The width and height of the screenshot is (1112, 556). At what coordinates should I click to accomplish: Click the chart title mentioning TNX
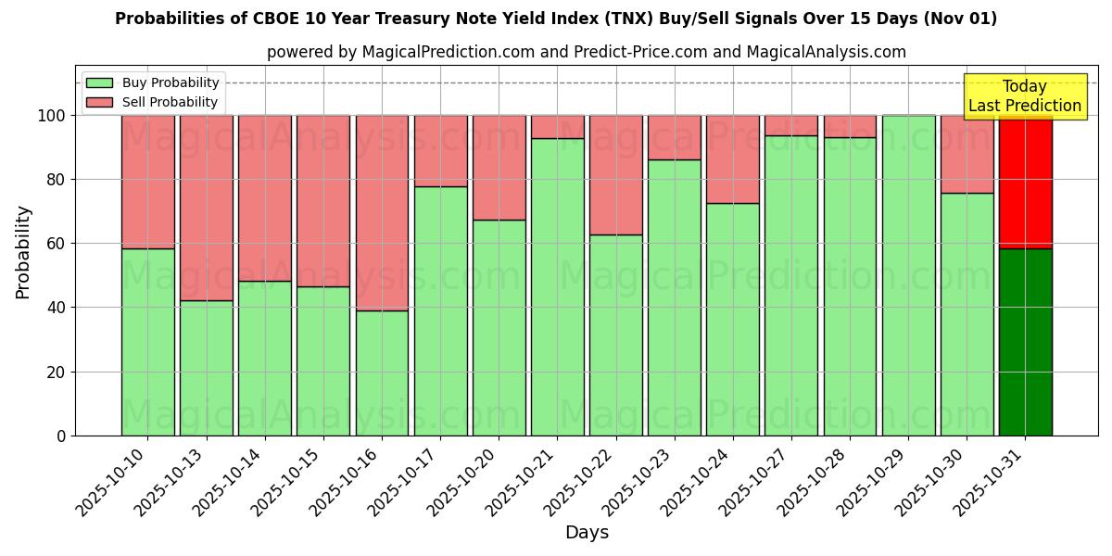click(x=556, y=19)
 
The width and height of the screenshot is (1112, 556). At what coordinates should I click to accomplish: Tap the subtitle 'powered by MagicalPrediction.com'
click(x=586, y=52)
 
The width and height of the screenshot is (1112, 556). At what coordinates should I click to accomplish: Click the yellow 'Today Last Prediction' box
click(x=1024, y=96)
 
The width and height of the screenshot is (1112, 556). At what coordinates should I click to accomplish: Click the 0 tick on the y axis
click(x=61, y=436)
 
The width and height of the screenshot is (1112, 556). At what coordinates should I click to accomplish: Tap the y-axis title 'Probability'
click(x=23, y=252)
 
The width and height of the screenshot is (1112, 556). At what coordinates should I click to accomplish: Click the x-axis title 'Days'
click(x=587, y=533)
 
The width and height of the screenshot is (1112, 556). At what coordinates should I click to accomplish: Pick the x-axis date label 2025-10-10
click(x=111, y=482)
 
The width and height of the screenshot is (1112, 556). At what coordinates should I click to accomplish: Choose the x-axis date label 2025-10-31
click(x=989, y=482)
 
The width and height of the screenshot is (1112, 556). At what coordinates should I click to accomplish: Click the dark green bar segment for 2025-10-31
click(x=1025, y=342)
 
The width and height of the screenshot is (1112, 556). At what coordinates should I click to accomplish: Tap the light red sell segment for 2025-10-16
click(x=382, y=213)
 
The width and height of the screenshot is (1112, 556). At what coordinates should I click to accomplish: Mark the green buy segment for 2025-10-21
click(x=557, y=287)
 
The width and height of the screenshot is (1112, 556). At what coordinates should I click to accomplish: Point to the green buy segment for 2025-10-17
click(x=440, y=311)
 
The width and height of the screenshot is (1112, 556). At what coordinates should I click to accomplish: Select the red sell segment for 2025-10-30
click(x=967, y=154)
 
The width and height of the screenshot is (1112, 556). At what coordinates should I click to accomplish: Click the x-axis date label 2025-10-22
click(x=579, y=482)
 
